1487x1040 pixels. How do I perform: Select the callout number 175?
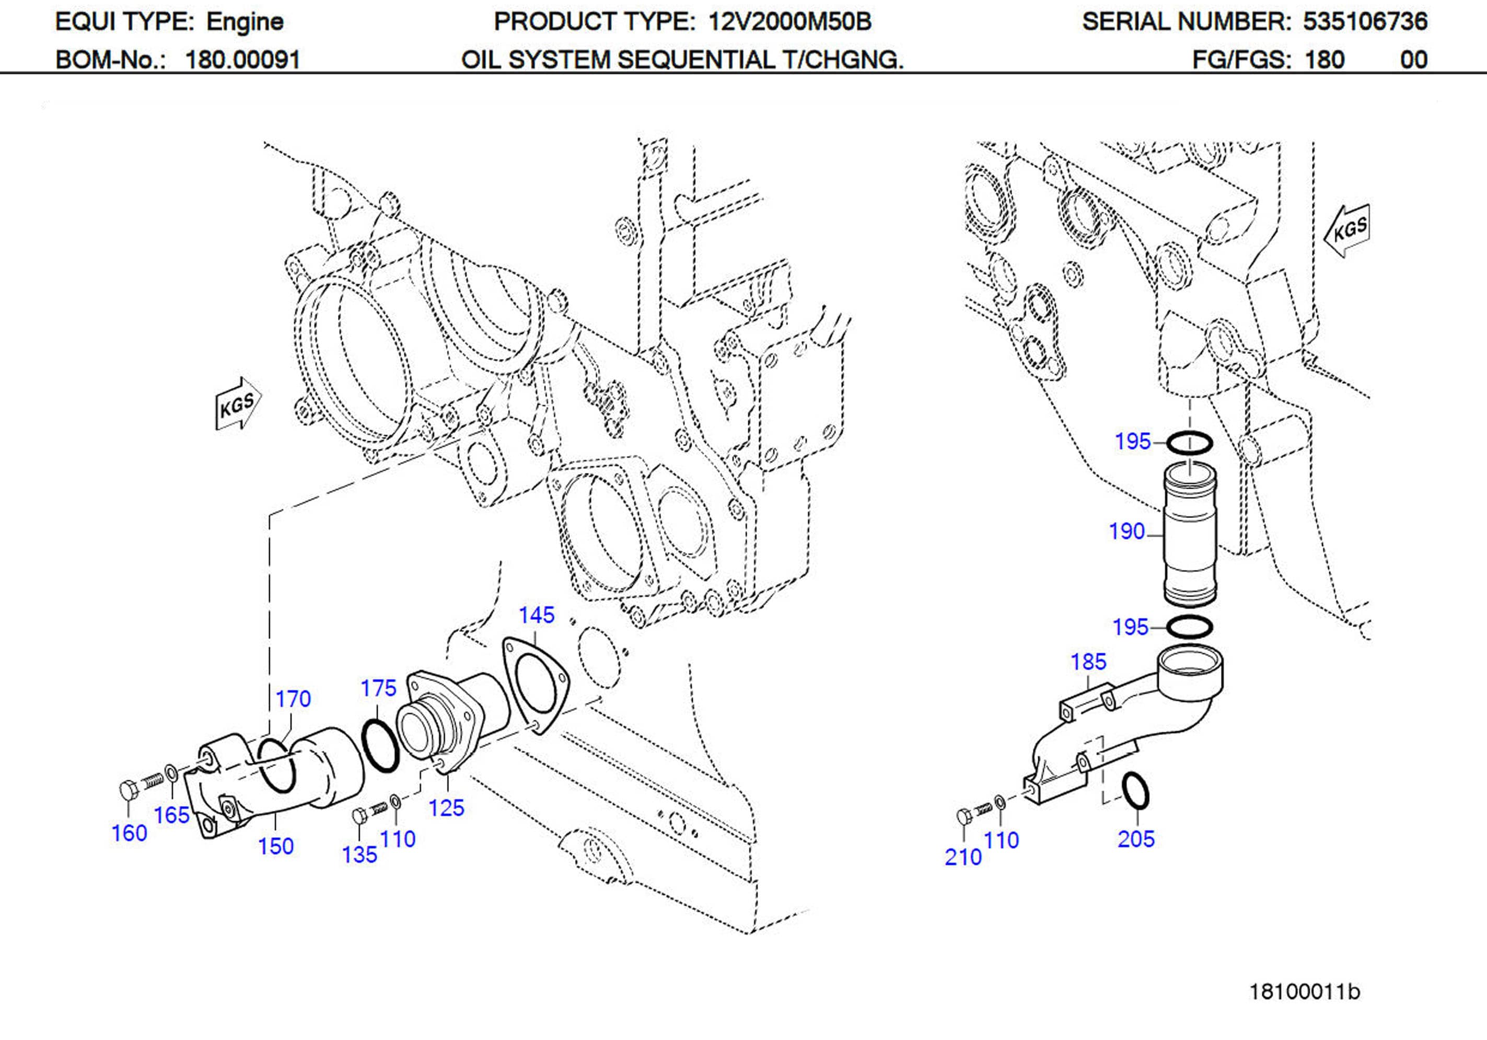pyautogui.click(x=378, y=688)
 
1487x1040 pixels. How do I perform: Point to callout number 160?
pyautogui.click(x=129, y=833)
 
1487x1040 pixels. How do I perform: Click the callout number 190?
pyautogui.click(x=1126, y=531)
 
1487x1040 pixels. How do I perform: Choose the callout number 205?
pyautogui.click(x=1135, y=838)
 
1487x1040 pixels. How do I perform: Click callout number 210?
pyautogui.click(x=962, y=857)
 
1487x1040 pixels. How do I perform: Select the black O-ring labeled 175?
pyautogui.click(x=379, y=746)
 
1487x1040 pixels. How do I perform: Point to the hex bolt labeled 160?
pyautogui.click(x=128, y=791)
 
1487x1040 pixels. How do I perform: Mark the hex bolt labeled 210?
pyautogui.click(x=963, y=816)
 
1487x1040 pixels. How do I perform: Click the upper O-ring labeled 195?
pyautogui.click(x=1189, y=443)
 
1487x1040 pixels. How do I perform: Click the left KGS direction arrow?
pyautogui.click(x=238, y=405)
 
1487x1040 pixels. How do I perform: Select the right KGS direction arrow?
pyautogui.click(x=1347, y=230)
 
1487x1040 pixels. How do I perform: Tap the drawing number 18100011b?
pyautogui.click(x=1304, y=991)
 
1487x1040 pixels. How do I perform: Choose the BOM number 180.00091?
pyautogui.click(x=243, y=60)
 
